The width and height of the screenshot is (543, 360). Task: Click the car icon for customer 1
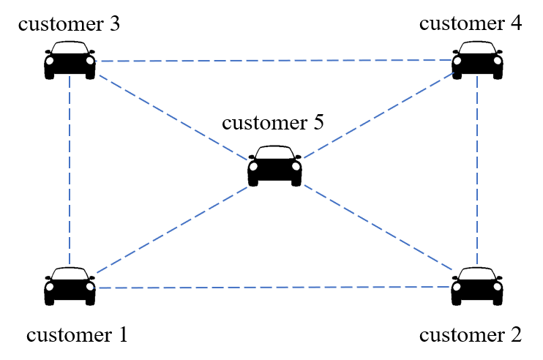[x=70, y=286]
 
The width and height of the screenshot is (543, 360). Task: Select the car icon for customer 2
[x=477, y=286]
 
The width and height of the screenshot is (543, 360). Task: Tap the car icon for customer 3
[x=70, y=61]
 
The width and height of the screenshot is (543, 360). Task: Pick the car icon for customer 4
[x=477, y=61]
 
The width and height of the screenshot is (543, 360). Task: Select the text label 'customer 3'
[x=70, y=23]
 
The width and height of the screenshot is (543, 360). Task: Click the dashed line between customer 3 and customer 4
[x=274, y=60]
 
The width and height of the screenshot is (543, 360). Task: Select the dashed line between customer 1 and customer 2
[x=274, y=287]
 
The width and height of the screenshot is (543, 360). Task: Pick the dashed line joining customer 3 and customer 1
[x=70, y=172]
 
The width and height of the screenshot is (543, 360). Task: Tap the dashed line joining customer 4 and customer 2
[x=477, y=172]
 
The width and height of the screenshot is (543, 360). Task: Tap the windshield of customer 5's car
[x=274, y=154]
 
